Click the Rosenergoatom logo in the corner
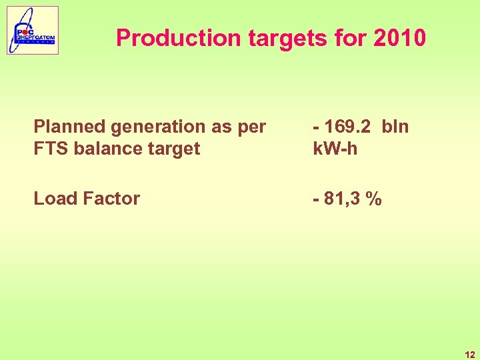coord(33,31)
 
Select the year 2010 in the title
coord(399,38)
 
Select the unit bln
coord(395,126)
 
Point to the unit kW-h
coord(335,148)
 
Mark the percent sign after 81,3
coord(376,198)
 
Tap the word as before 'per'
coord(221,126)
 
